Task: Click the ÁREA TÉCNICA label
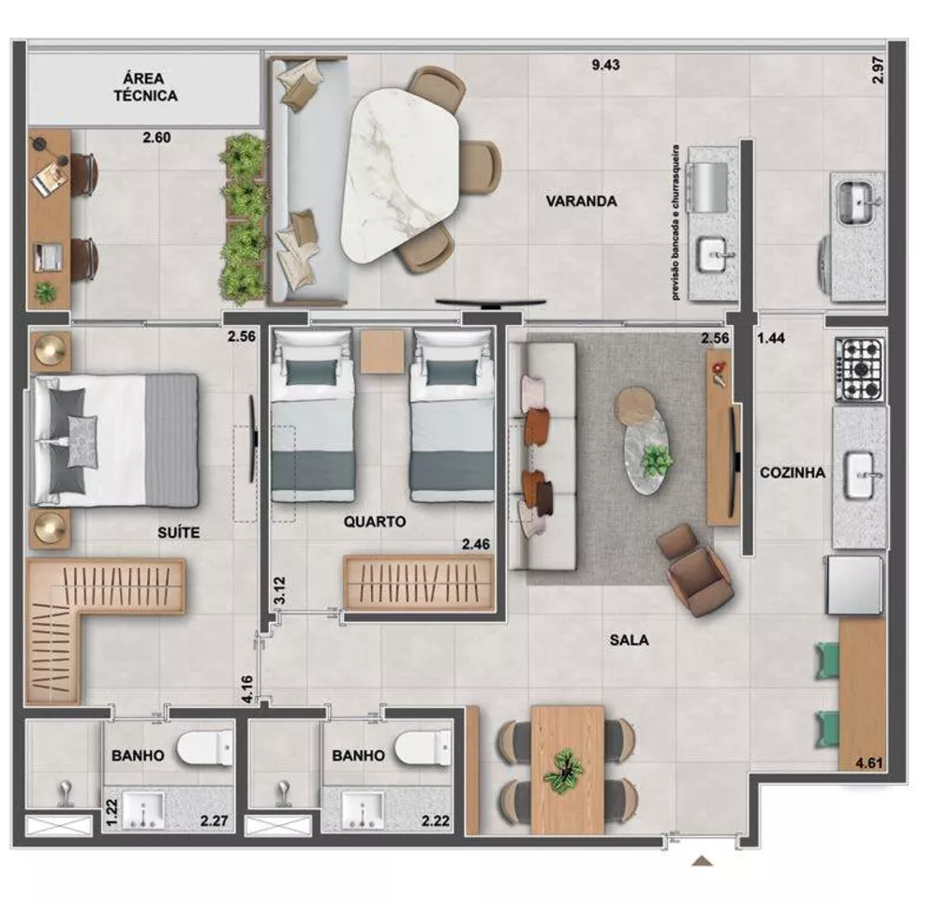pyautogui.click(x=145, y=86)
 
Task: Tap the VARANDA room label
pyautogui.click(x=583, y=200)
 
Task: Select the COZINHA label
pyautogui.click(x=793, y=473)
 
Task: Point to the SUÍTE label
pyautogui.click(x=179, y=532)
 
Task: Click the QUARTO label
pyautogui.click(x=373, y=522)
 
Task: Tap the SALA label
pyautogui.click(x=629, y=641)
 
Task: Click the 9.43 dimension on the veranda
pyautogui.click(x=605, y=66)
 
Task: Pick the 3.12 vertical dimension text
pyautogui.click(x=277, y=589)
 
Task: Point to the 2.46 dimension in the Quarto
pyautogui.click(x=476, y=541)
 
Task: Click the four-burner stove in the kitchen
pyautogui.click(x=860, y=368)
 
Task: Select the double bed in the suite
pyautogui.click(x=115, y=440)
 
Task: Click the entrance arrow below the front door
pyautogui.click(x=702, y=861)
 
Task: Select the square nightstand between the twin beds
pyautogui.click(x=382, y=351)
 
